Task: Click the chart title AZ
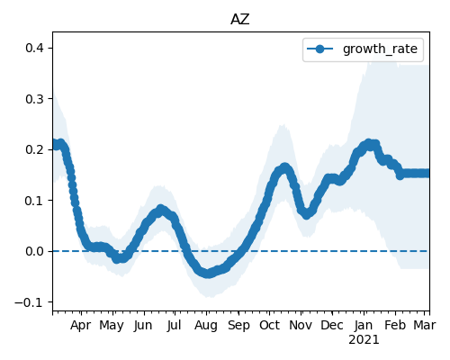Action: (240, 20)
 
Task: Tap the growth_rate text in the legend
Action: (380, 49)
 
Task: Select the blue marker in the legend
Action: (320, 49)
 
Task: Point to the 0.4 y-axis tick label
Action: (35, 48)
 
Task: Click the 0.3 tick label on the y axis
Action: (35, 99)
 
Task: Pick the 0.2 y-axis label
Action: (35, 149)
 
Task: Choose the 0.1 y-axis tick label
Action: (35, 201)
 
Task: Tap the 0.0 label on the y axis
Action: (35, 251)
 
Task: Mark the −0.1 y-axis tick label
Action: (30, 302)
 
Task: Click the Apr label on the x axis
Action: (81, 326)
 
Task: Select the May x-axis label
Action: (112, 326)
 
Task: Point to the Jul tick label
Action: (174, 326)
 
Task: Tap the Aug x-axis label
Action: (206, 326)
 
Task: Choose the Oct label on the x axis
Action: (269, 326)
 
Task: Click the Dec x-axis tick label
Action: (332, 326)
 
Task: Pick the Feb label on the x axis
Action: (395, 326)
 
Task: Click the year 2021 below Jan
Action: (364, 340)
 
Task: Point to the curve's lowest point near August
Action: (208, 274)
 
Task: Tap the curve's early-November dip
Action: (306, 214)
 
